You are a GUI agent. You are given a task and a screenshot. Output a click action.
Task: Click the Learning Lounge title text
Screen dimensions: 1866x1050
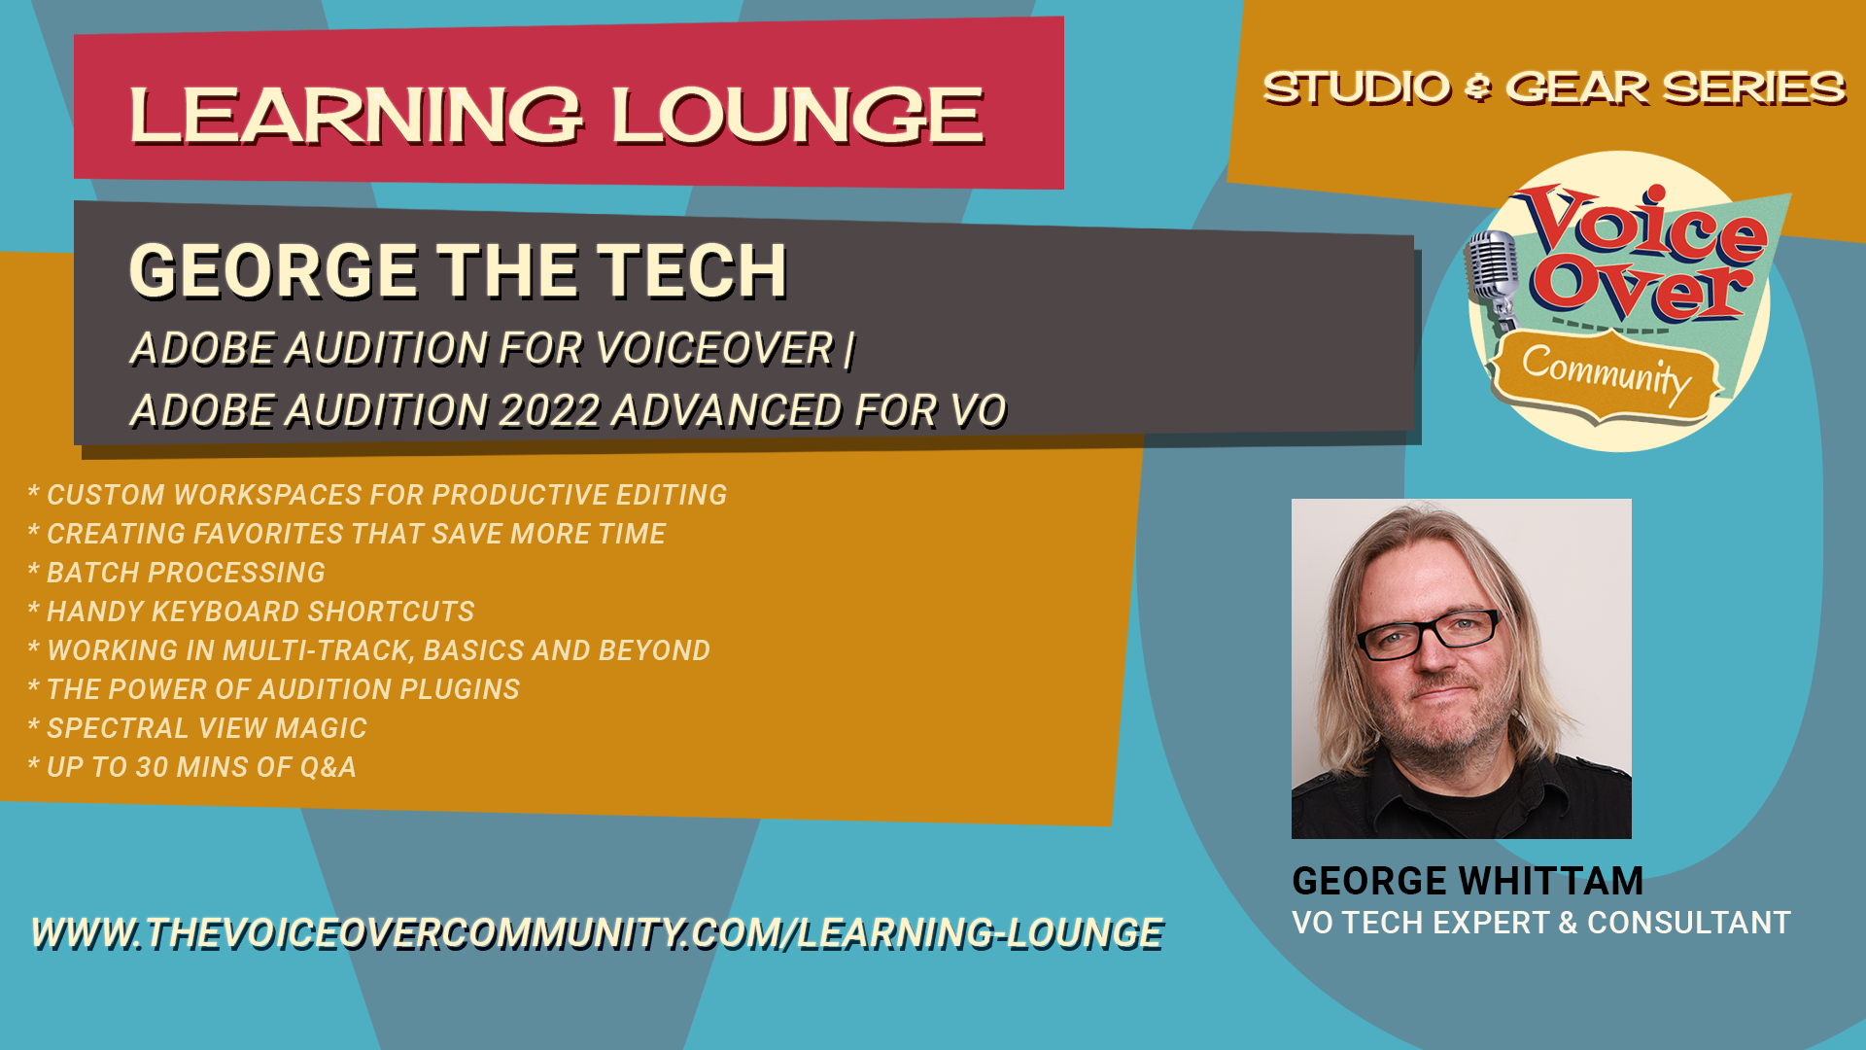(557, 115)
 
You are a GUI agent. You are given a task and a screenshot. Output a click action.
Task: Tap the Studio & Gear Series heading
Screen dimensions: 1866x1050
(1553, 88)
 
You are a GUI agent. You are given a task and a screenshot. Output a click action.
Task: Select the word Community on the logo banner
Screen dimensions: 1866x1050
(1606, 374)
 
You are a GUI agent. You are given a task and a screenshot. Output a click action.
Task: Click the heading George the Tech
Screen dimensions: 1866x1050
(458, 270)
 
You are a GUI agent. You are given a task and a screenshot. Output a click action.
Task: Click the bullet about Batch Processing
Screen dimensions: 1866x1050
(176, 573)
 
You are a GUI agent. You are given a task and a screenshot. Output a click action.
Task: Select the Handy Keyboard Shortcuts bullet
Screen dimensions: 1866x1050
(251, 612)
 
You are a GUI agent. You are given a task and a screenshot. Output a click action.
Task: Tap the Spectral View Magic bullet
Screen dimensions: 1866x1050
(197, 728)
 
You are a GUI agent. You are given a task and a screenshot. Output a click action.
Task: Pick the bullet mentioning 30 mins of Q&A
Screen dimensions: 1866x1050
(191, 767)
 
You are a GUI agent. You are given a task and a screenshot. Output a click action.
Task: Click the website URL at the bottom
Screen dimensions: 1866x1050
(598, 933)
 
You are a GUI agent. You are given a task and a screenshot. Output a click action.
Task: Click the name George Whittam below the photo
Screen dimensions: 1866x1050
(1468, 881)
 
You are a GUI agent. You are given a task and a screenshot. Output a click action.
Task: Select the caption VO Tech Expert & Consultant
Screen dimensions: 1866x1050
(1541, 923)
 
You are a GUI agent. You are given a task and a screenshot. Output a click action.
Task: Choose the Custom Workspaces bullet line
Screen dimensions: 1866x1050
(377, 495)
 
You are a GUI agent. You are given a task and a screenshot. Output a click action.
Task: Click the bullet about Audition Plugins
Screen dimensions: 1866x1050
(273, 689)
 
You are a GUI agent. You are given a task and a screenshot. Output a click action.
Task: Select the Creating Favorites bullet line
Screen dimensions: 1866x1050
(346, 534)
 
